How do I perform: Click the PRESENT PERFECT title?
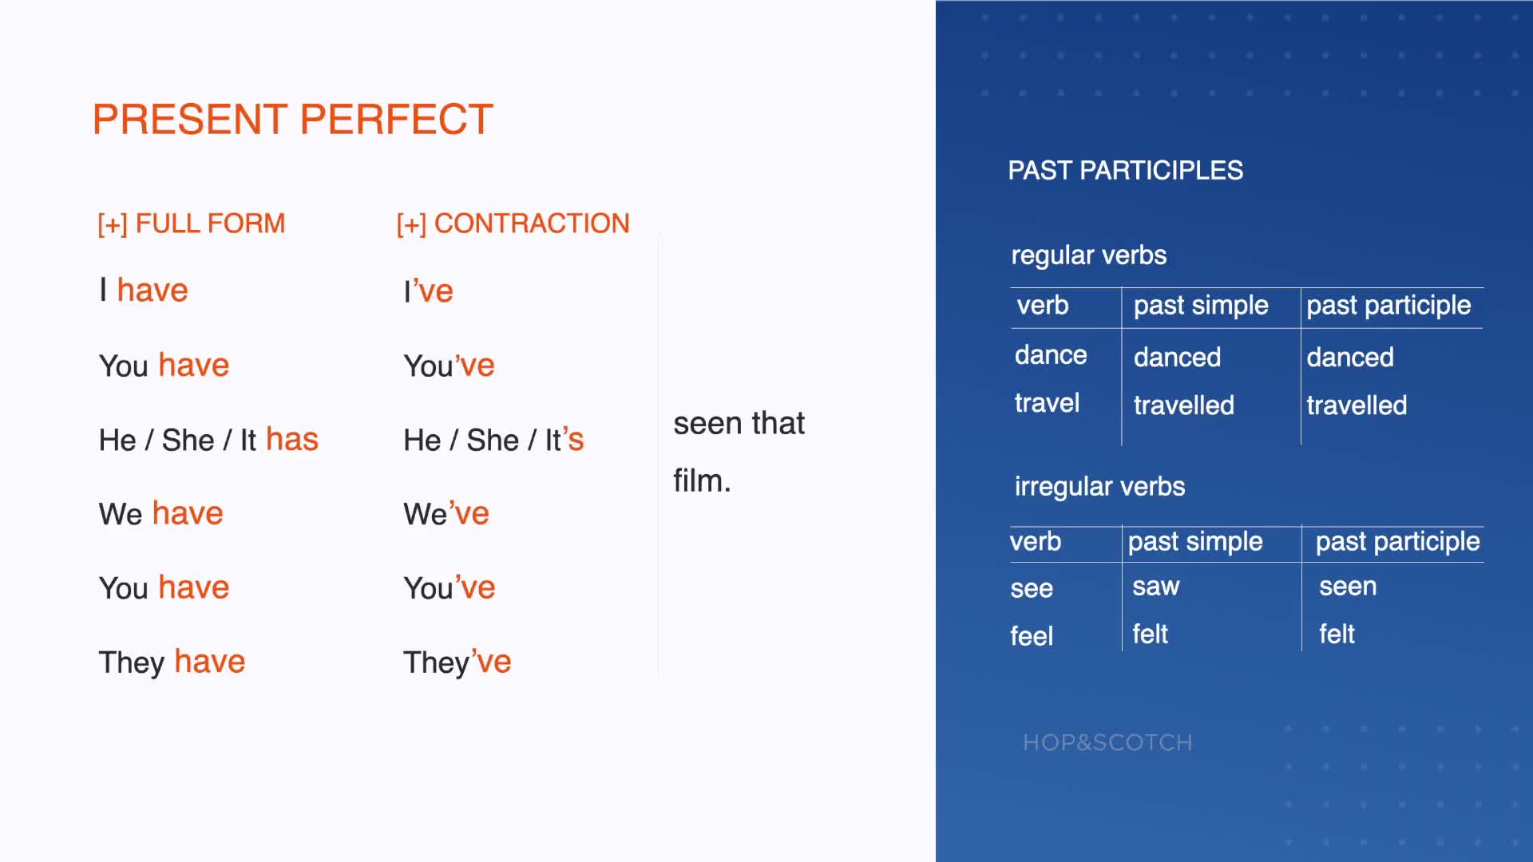[293, 120]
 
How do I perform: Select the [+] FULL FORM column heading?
[191, 223]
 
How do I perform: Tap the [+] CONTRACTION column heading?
[513, 223]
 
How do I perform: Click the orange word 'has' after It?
[292, 439]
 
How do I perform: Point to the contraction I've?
[428, 291]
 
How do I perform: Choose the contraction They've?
[457, 662]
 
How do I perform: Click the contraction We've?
[446, 513]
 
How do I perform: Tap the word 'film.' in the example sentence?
[702, 480]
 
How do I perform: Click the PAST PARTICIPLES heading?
[1126, 170]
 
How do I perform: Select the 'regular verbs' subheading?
[1089, 255]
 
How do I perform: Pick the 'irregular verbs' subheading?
[1099, 486]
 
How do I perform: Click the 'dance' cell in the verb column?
[1051, 354]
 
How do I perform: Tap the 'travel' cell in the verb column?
[1047, 402]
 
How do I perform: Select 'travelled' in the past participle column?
[1357, 405]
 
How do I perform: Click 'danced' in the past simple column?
[1177, 357]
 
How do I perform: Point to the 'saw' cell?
[1156, 587]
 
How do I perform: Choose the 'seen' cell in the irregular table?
[1348, 587]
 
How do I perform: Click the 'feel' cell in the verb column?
[1032, 636]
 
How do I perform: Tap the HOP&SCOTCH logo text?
[1107, 742]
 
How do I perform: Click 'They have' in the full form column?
[172, 662]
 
